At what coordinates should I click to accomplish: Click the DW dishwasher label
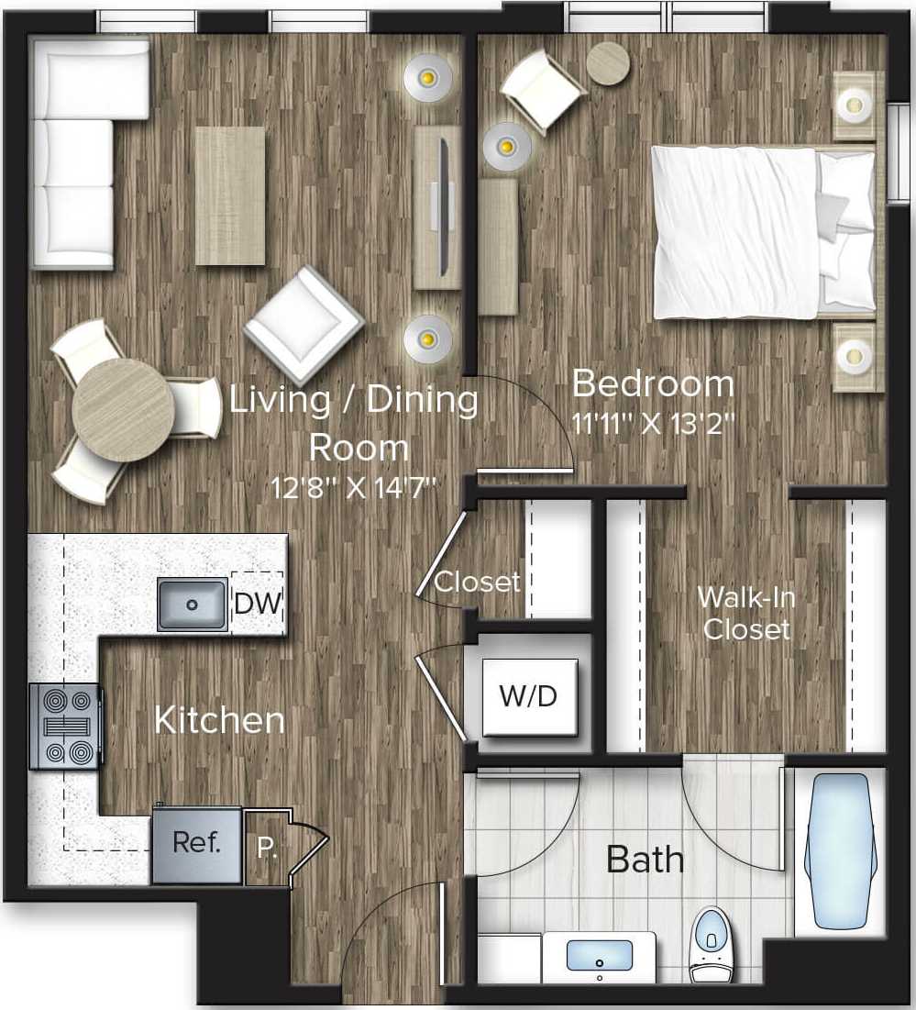coord(257,604)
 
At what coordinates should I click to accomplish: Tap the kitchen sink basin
coord(192,605)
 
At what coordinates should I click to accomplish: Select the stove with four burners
coord(65,727)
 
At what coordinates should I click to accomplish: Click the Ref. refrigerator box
coord(197,844)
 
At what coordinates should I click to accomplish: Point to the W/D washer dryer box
coord(528,696)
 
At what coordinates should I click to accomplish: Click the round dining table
coord(123,410)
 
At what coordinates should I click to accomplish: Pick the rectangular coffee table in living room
coord(229,195)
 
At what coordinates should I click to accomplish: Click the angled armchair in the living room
coord(303,324)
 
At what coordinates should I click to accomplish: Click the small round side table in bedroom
coord(608,64)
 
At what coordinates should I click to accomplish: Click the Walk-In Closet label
coord(746,612)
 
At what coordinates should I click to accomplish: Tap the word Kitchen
coord(219,719)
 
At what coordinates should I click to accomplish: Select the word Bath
coord(646,860)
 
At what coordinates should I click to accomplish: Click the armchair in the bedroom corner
coord(543,90)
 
